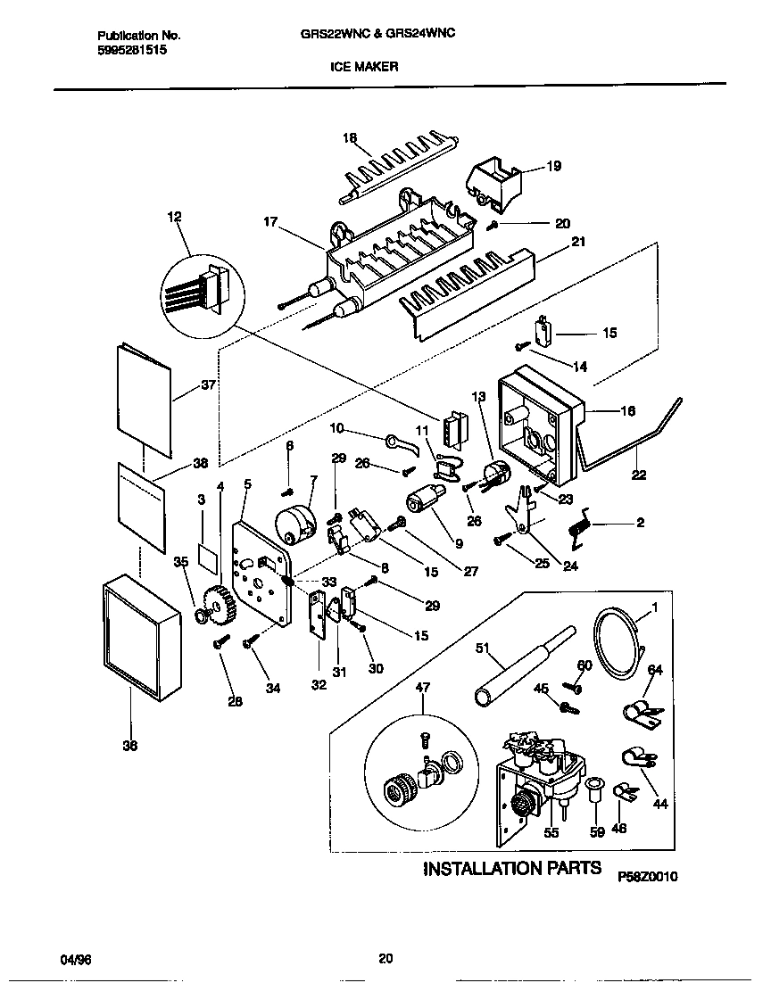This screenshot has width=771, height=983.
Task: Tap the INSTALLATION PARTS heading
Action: click(x=511, y=868)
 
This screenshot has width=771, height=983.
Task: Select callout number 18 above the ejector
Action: click(x=350, y=137)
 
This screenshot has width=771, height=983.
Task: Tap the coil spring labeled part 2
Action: click(x=581, y=524)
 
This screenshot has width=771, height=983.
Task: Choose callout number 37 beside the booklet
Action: click(x=208, y=385)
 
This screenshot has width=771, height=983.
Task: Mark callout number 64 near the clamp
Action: click(x=655, y=670)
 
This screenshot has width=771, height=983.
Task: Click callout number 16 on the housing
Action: click(x=627, y=411)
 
